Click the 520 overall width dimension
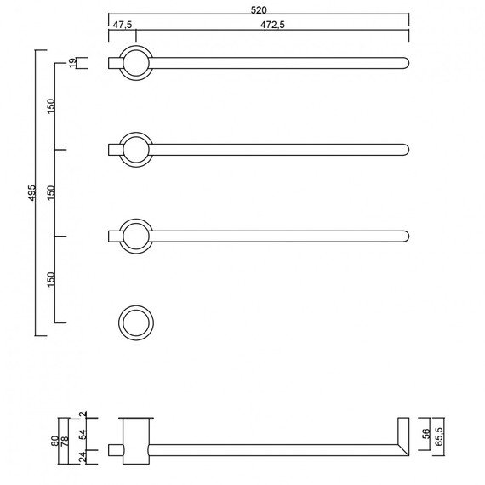pyautogui.click(x=259, y=10)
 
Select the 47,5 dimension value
pyautogui.click(x=123, y=25)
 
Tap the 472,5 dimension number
pyautogui.click(x=272, y=25)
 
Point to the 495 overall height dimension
pyautogui.click(x=32, y=192)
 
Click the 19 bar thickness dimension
pyautogui.click(x=72, y=63)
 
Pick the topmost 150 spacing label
pyautogui.click(x=51, y=106)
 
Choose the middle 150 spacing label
pyautogui.click(x=51, y=192)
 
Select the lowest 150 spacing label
pyautogui.click(x=51, y=279)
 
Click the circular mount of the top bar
pyautogui.click(x=136, y=46)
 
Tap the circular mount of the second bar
pyautogui.click(x=136, y=133)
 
